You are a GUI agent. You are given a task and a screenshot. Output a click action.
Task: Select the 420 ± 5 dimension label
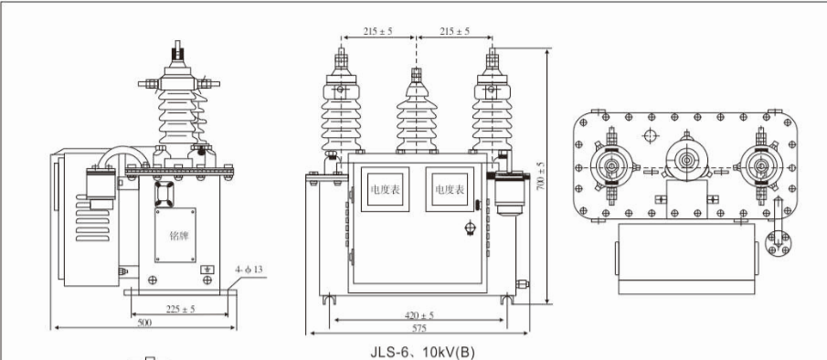pyautogui.click(x=421, y=315)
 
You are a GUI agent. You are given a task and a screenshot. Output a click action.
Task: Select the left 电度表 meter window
pyautogui.click(x=384, y=191)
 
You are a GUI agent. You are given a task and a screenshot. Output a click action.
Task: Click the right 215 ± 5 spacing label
pyautogui.click(x=453, y=32)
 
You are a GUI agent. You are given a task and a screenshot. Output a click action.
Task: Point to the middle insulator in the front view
pyautogui.click(x=415, y=114)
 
